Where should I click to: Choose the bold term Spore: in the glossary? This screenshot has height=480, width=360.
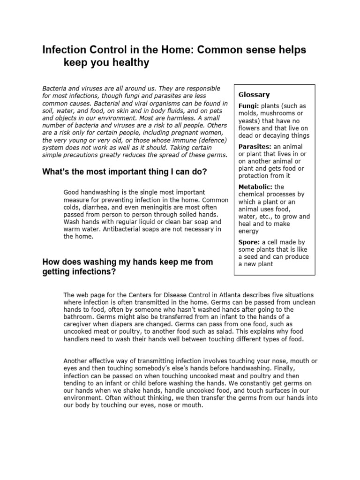coord(249,242)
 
